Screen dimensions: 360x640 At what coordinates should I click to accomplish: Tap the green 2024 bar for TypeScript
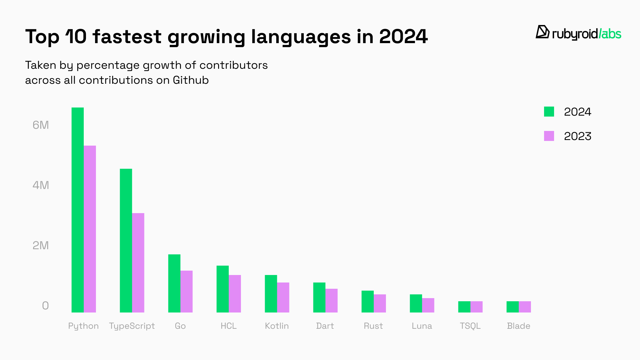pyautogui.click(x=126, y=241)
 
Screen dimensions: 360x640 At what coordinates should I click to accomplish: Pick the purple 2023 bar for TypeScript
pyautogui.click(x=138, y=263)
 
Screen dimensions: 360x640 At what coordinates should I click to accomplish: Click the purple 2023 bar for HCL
pyautogui.click(x=235, y=294)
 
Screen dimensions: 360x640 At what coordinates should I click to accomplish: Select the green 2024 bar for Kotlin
pyautogui.click(x=271, y=294)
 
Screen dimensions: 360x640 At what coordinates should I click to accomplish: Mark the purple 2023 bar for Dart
pyautogui.click(x=332, y=301)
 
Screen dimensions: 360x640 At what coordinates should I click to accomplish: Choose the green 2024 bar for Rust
pyautogui.click(x=367, y=302)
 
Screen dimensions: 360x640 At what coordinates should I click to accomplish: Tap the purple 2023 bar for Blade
pyautogui.click(x=525, y=307)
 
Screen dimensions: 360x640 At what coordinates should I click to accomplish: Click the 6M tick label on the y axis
pyautogui.click(x=41, y=125)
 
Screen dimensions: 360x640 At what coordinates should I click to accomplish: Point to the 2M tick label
pyautogui.click(x=41, y=246)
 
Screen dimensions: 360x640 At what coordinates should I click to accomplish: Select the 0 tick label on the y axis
pyautogui.click(x=45, y=306)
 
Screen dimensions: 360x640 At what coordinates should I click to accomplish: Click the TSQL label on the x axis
pyautogui.click(x=470, y=326)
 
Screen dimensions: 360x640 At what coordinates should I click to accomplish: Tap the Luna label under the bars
pyautogui.click(x=422, y=326)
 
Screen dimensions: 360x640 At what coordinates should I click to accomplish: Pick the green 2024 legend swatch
pyautogui.click(x=549, y=112)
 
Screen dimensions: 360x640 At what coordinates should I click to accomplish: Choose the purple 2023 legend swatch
pyautogui.click(x=549, y=136)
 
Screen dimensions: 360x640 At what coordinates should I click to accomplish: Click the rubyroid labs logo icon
pyautogui.click(x=542, y=32)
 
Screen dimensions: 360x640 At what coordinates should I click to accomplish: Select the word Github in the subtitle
pyautogui.click(x=191, y=80)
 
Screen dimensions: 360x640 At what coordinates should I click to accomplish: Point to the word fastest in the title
pyautogui.click(x=127, y=37)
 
